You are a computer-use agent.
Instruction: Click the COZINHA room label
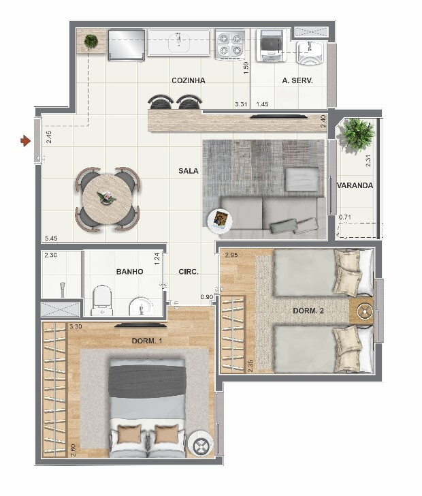(189, 80)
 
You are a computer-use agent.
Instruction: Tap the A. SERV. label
(297, 80)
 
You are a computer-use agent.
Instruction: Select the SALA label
(189, 171)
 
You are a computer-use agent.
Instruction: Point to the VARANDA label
(355, 185)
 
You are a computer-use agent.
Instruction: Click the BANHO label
(129, 272)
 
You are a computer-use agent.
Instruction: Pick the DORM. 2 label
(308, 311)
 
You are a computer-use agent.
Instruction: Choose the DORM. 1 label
(147, 341)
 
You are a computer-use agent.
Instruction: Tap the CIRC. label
(189, 272)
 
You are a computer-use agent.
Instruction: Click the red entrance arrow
(25, 140)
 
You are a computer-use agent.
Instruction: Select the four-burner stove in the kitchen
(230, 44)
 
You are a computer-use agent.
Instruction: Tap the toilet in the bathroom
(102, 301)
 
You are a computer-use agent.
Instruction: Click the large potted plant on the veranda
(358, 135)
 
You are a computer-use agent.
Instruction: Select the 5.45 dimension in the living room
(51, 238)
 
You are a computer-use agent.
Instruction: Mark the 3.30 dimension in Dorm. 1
(76, 326)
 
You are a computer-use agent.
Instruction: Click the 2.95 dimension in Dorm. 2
(231, 255)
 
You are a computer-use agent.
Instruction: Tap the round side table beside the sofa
(220, 221)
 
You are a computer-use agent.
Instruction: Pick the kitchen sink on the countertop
(179, 42)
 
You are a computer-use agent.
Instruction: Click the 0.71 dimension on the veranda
(345, 217)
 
